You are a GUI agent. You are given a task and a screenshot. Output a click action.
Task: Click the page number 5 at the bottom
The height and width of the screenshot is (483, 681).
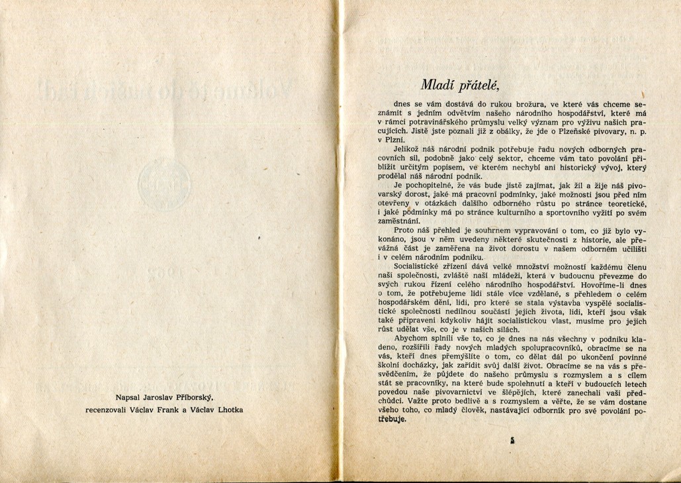tap(513, 439)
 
